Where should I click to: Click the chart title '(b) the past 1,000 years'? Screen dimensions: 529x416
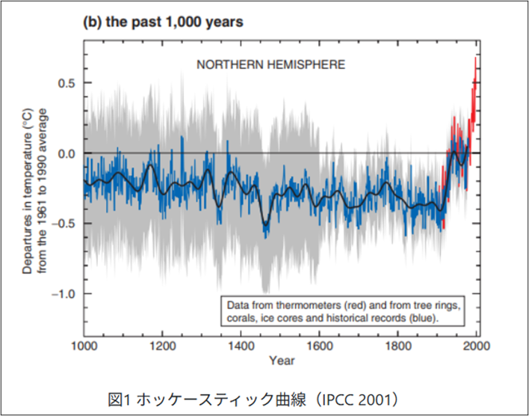pos(163,22)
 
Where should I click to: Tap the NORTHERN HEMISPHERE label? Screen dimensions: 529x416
pos(271,64)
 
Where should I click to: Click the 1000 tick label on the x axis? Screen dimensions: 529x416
pos(84,346)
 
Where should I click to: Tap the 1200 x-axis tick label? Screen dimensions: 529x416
pos(162,346)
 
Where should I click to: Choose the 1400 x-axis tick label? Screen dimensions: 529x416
pos(241,346)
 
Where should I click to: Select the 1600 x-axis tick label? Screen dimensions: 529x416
pos(319,346)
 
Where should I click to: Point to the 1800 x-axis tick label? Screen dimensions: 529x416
pos(397,346)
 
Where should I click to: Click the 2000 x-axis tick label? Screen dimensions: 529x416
pos(477,346)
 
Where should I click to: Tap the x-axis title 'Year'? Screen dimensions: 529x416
pos(282,360)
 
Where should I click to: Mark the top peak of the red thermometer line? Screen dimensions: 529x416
pos(475,58)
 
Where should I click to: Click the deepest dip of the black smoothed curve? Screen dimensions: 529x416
pos(266,225)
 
